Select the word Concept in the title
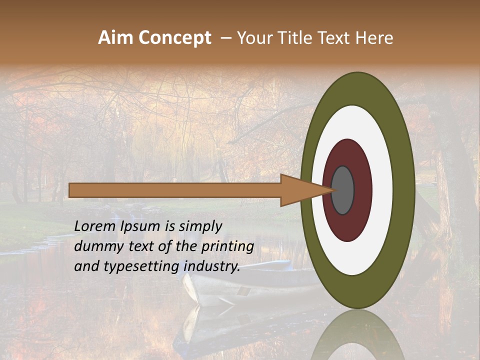[x=175, y=38]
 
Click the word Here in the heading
[x=374, y=38]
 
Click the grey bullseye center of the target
[x=342, y=190]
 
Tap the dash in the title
[x=225, y=38]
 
